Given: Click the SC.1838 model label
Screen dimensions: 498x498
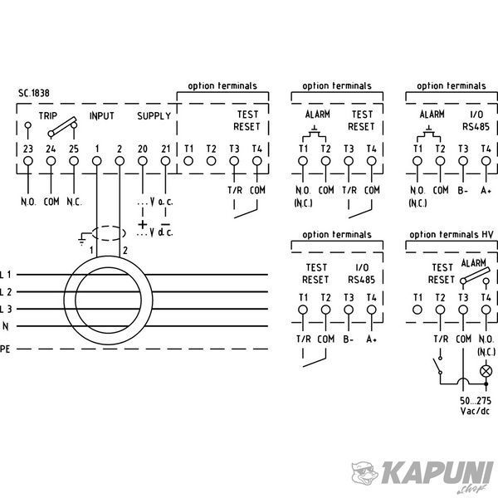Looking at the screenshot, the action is pos(34,93).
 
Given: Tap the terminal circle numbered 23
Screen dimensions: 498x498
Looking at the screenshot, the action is pos(28,161).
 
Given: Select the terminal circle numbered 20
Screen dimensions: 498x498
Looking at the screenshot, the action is pos(143,161).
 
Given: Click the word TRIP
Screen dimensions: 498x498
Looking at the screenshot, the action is pos(48,115).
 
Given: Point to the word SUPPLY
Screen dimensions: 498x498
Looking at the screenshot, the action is pos(154,116).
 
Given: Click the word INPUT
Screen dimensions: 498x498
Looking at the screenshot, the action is pos(101,116).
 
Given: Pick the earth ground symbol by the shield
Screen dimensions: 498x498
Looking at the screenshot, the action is pos(82,239).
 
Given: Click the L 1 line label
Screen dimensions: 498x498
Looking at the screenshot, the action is pos(6,275).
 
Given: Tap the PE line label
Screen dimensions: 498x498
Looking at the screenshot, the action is pos(5,349).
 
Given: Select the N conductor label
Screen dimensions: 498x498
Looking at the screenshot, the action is pos(6,326).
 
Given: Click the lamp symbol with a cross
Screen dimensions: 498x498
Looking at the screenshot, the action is pos(486,371).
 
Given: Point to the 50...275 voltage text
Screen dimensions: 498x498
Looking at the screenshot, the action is pos(476,401).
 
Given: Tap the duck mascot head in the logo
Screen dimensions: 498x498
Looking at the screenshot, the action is pos(364,473).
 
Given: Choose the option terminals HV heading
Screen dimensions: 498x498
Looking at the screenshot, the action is pos(452,235).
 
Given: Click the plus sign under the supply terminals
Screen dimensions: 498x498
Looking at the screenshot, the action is pos(143,225).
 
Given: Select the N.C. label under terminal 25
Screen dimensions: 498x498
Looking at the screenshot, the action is pos(74,202).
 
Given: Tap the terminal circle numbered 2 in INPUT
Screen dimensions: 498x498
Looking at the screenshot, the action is pos(120,161).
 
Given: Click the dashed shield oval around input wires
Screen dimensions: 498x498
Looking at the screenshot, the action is pos(109,233).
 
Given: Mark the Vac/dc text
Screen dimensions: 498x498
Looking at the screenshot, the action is pos(475,411).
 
